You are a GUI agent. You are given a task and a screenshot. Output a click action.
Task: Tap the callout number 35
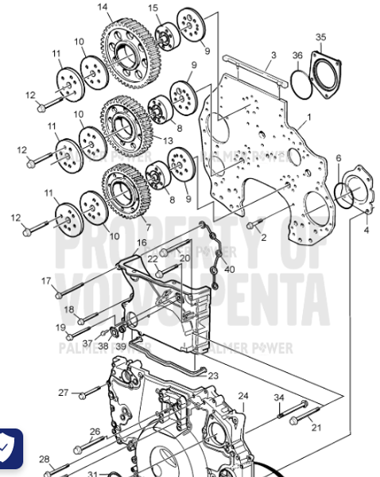(x=320, y=37)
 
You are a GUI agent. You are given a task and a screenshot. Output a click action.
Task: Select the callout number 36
(x=297, y=55)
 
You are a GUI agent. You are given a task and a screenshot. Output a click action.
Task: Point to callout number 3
(x=273, y=55)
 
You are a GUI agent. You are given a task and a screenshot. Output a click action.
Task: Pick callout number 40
(x=230, y=270)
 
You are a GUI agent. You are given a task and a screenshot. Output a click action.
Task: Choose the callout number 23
(x=213, y=374)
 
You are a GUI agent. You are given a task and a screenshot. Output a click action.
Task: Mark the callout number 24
(x=243, y=395)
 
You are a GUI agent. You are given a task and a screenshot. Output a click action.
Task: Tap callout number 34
(x=279, y=397)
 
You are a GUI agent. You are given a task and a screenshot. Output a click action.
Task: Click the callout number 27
(x=64, y=393)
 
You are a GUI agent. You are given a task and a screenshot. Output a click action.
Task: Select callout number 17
(x=46, y=281)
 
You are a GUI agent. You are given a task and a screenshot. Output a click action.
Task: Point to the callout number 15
(x=153, y=8)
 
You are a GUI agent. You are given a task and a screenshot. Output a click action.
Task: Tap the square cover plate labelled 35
(x=326, y=71)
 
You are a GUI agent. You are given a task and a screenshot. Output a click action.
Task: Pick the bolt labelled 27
(x=87, y=394)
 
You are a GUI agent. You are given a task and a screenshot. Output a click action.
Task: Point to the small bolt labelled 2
(x=253, y=226)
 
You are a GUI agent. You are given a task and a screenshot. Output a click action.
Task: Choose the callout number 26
(x=95, y=432)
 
